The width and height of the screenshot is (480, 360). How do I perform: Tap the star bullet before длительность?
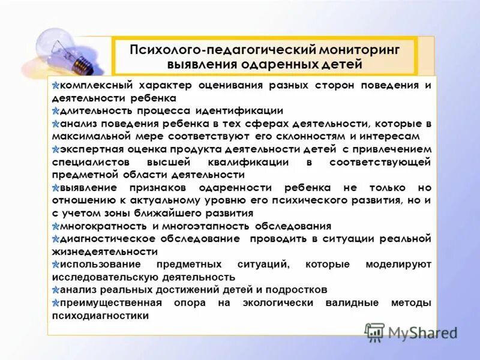(56, 111)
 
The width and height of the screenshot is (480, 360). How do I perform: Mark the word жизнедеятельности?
(105, 252)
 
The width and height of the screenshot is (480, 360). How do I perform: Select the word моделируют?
(398, 265)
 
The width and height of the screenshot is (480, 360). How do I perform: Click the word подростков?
(296, 290)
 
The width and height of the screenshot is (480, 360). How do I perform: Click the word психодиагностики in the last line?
(100, 316)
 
